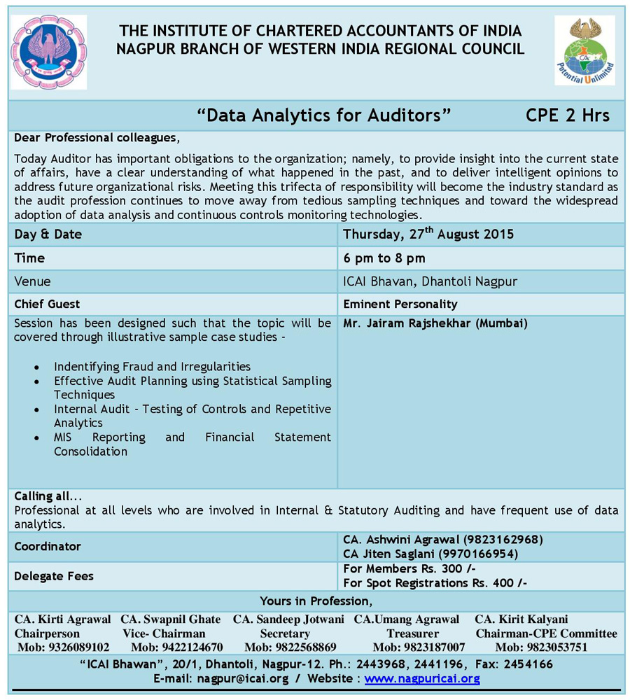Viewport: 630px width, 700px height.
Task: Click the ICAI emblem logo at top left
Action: [48, 52]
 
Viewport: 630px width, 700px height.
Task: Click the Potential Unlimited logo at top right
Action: [584, 50]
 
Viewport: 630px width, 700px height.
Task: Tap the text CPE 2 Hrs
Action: [567, 115]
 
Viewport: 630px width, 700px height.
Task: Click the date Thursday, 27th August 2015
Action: [428, 234]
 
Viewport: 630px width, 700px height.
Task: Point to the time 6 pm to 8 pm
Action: [384, 258]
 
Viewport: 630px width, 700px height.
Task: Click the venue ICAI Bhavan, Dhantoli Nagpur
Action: [430, 281]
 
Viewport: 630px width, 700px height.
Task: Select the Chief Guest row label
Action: [47, 304]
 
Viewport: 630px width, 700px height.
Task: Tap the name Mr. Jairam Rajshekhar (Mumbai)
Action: [435, 323]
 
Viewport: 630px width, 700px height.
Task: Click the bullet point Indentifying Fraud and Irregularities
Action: [152, 366]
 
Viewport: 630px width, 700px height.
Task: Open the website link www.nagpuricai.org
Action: [421, 678]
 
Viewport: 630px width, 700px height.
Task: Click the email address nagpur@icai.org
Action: [242, 678]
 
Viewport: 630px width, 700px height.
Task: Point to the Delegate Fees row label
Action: [54, 576]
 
